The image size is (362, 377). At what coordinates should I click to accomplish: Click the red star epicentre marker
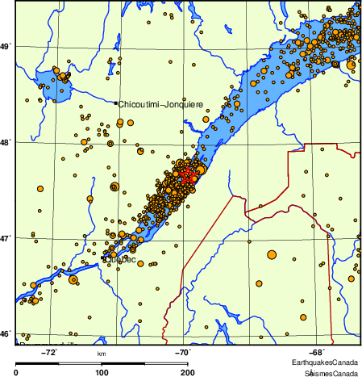coord(188,174)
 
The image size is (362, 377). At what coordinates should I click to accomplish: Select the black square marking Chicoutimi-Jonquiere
coord(116,103)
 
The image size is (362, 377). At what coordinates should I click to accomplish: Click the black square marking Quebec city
coord(104,258)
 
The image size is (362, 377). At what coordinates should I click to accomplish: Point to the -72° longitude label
coord(50,351)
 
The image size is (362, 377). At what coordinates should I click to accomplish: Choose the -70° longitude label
coord(183,351)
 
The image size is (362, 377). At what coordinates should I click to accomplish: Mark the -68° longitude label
coord(317,351)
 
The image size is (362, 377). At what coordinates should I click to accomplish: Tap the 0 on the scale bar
coord(17,372)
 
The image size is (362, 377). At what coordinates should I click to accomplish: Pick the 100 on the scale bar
coord(102,372)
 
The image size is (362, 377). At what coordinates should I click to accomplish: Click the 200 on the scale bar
coord(187,372)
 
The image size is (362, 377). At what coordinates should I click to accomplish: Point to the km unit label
coord(102,354)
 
